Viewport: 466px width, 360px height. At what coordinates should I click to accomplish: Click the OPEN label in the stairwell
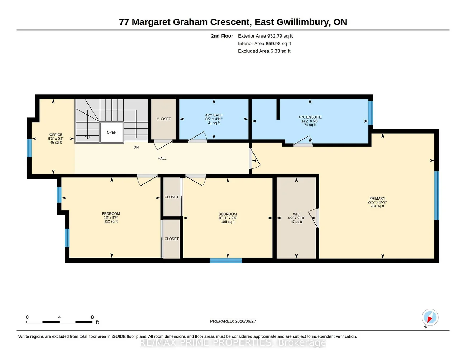coord(111,133)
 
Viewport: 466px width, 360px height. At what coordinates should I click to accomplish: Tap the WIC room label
coord(296,214)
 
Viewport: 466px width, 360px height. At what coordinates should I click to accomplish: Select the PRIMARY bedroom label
coord(377,198)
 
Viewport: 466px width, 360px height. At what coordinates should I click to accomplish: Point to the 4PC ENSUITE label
coord(310,117)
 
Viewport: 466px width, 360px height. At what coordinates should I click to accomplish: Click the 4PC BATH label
coord(214,115)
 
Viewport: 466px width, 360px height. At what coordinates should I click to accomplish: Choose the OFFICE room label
coord(56,135)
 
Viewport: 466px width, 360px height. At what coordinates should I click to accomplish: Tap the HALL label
coord(162,159)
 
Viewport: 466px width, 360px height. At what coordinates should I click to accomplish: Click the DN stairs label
coord(136,147)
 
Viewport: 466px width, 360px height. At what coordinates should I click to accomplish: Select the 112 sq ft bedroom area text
coord(111,222)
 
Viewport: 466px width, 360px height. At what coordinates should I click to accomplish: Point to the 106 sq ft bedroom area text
coord(228,222)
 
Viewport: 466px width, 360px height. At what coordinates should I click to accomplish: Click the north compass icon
coord(430,317)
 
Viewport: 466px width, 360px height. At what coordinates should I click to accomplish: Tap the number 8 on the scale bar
coord(92,317)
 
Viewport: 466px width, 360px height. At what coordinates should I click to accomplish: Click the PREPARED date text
coord(233,321)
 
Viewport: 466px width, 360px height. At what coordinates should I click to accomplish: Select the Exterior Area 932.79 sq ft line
coord(265,36)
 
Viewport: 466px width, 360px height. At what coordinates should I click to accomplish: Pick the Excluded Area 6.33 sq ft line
coord(264,51)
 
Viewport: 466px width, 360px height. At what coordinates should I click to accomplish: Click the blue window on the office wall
coord(29,148)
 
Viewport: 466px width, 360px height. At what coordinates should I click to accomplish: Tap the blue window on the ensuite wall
coord(371,113)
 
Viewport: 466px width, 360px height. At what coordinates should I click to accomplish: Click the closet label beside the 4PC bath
coord(163,119)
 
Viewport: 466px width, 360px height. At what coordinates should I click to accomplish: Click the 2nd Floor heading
coord(222,36)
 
